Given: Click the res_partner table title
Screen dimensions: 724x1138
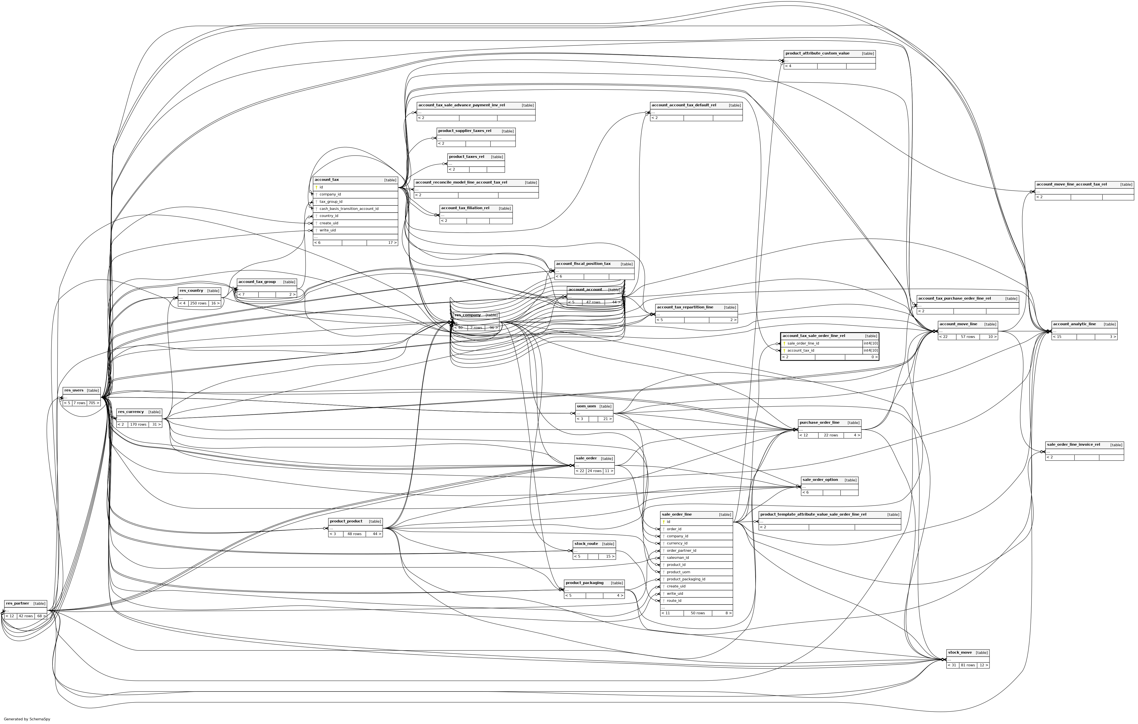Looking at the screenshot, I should [x=18, y=603].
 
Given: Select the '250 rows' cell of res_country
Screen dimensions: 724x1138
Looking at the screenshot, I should [x=199, y=303].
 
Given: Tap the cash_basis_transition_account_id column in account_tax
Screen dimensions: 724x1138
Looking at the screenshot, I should [x=349, y=208].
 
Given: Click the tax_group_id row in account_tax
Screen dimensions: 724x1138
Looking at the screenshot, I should [x=331, y=201].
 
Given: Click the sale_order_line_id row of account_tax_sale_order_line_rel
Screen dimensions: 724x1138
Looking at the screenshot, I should [x=803, y=343].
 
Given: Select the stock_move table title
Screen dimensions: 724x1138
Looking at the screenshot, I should [x=960, y=653].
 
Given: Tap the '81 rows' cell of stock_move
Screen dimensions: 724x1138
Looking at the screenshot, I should [x=968, y=665].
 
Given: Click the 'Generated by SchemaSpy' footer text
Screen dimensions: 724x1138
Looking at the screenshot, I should [x=27, y=719].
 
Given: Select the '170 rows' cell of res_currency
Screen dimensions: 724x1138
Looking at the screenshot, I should [x=138, y=425].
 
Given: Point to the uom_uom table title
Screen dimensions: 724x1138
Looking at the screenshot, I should [x=586, y=406].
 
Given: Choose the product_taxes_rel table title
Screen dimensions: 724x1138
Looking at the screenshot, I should [x=466, y=157].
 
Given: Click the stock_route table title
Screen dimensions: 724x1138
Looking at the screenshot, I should [x=586, y=544].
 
